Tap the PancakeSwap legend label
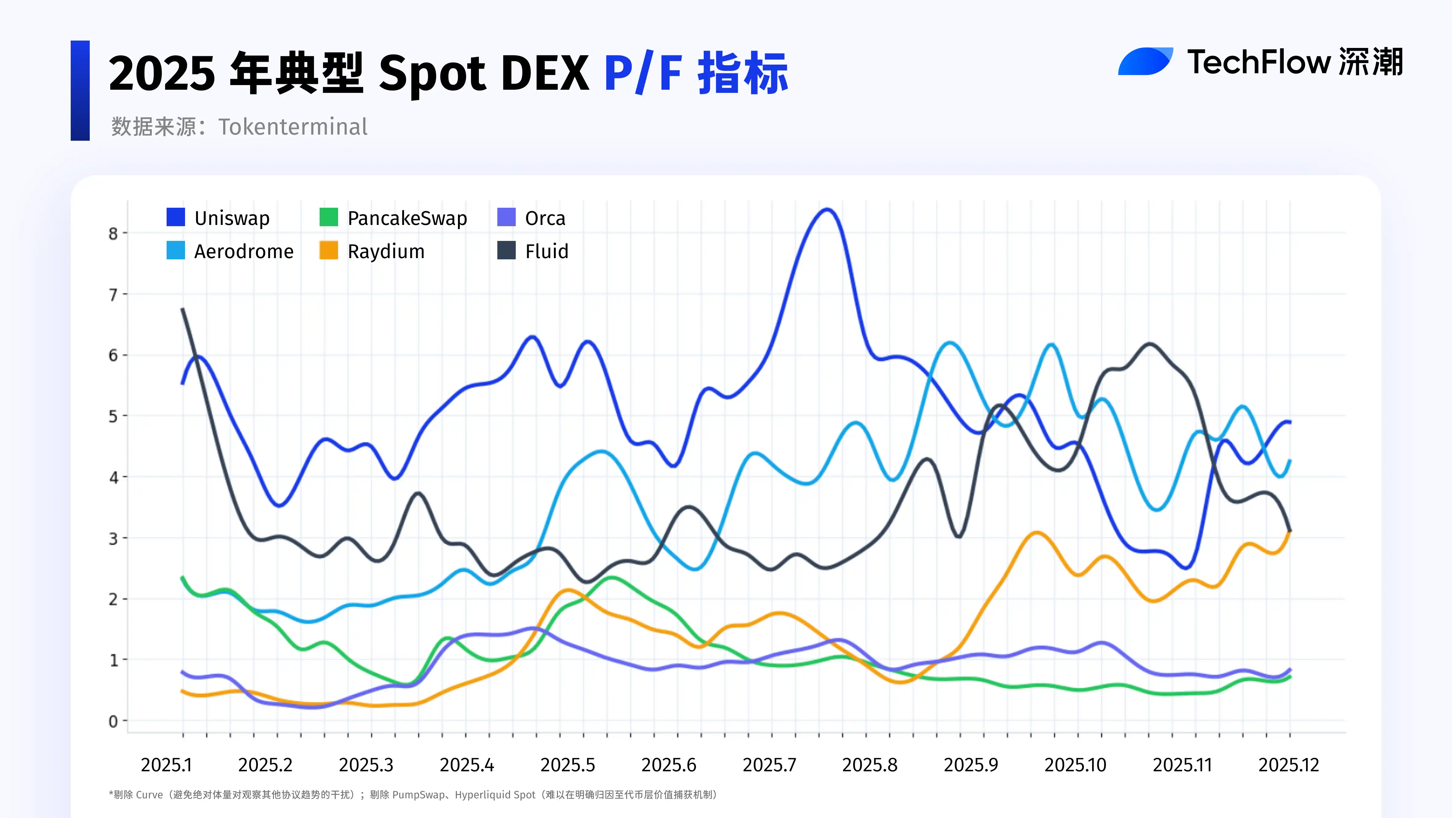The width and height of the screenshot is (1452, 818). [407, 218]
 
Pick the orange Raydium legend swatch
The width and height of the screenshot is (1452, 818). [329, 251]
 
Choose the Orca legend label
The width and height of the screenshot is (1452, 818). [545, 218]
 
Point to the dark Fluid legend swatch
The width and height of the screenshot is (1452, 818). [506, 251]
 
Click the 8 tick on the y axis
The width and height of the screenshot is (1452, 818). [113, 233]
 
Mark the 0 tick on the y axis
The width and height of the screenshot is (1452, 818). [113, 721]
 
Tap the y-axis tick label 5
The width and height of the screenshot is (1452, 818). [113, 416]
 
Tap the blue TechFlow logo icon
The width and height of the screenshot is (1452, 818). [1145, 61]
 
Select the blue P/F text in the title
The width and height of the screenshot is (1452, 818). [643, 73]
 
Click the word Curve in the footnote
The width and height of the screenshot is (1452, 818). [149, 795]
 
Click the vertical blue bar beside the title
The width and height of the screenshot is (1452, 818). [80, 90]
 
